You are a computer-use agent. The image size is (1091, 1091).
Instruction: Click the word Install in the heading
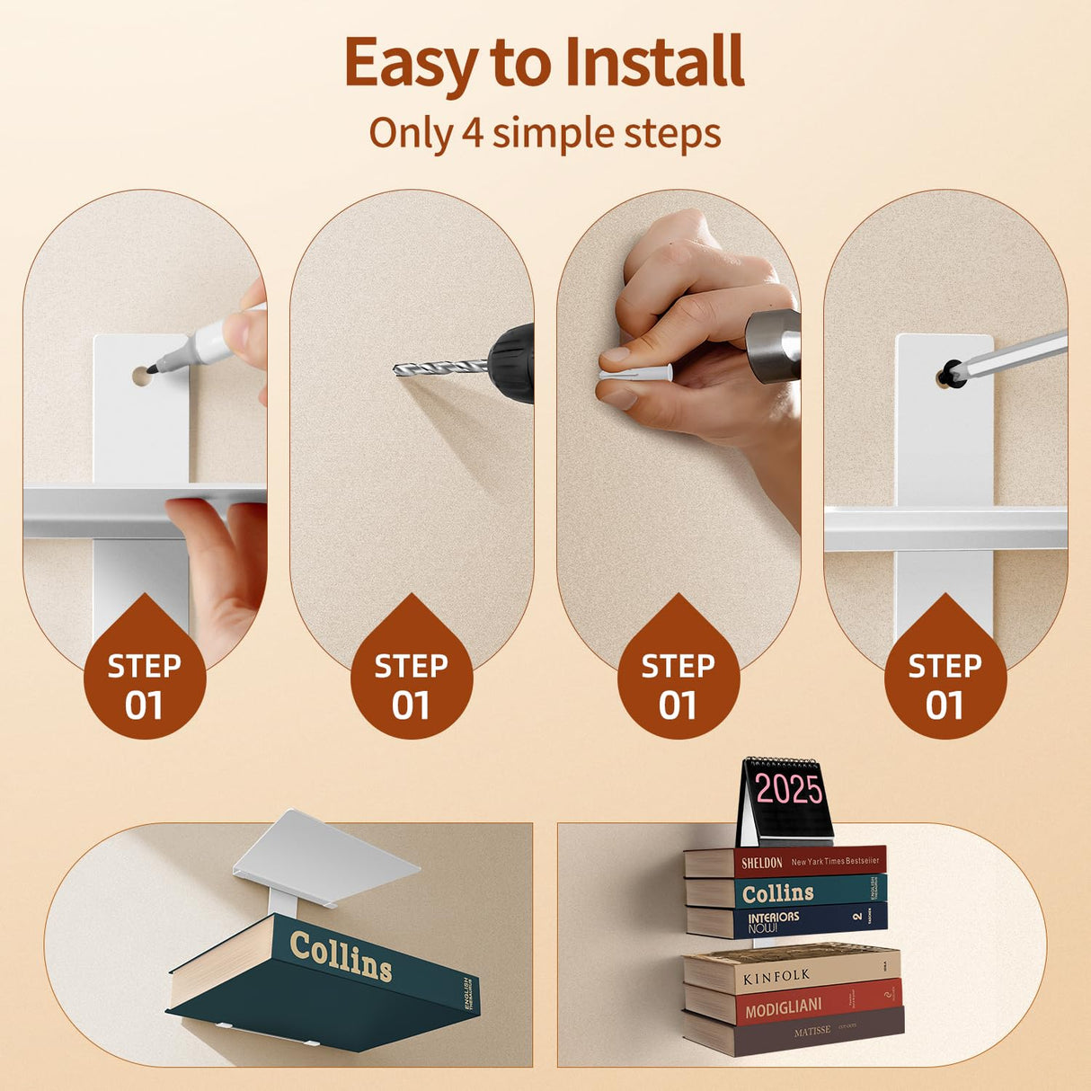(655, 63)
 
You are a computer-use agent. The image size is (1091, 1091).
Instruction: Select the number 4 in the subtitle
(472, 133)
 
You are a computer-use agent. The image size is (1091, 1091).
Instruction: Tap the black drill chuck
(513, 362)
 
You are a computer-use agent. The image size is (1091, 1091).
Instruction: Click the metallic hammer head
(774, 345)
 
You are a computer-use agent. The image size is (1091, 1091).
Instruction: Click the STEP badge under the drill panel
(412, 685)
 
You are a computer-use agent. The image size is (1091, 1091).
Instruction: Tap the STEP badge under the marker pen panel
(145, 685)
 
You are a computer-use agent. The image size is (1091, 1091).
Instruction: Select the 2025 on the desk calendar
(788, 789)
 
